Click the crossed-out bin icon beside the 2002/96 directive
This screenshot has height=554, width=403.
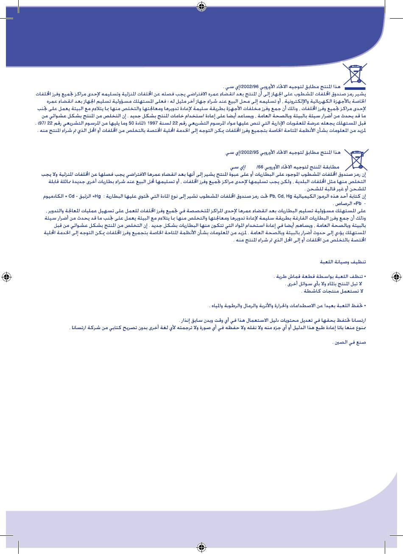pyautogui.click(x=355, y=75)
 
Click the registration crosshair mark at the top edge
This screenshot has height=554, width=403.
pyautogui.click(x=202, y=6)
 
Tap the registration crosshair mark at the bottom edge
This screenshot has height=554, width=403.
pyautogui.click(x=202, y=547)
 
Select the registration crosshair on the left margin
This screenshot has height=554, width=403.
pyautogui.click(x=6, y=277)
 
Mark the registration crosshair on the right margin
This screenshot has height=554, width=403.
pyautogui.click(x=396, y=277)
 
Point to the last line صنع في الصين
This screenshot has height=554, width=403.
pyautogui.click(x=350, y=342)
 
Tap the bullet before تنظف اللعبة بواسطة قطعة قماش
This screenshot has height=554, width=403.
pyautogui.click(x=365, y=277)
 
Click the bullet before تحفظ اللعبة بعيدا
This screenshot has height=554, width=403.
pyautogui.click(x=365, y=305)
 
